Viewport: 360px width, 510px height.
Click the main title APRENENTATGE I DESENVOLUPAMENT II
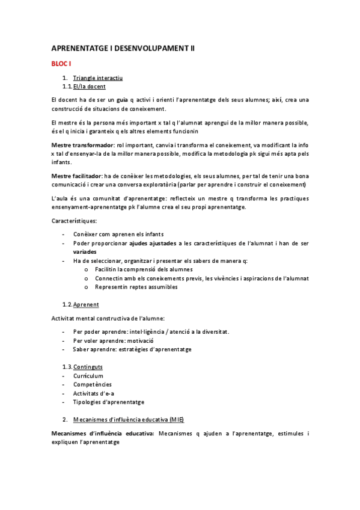[123, 48]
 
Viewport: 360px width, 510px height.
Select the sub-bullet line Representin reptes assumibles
[136, 287]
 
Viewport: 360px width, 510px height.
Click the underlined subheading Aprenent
[86, 304]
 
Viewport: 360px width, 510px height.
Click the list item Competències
[92, 384]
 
